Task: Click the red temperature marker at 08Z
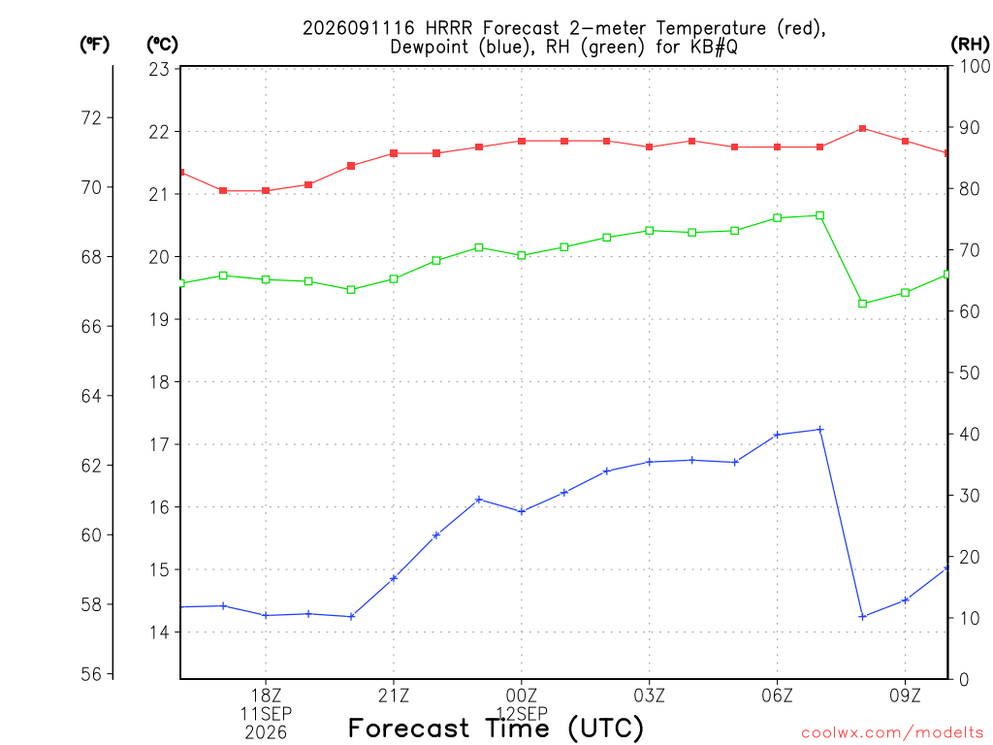862,129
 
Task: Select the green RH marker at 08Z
862,304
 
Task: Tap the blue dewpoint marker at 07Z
820,430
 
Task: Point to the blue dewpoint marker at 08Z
862,616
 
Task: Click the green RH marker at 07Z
820,215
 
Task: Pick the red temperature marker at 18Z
266,191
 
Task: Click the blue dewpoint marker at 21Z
394,578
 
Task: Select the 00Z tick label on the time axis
521,696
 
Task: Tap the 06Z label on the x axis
777,696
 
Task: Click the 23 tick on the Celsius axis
159,69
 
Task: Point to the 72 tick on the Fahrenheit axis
91,117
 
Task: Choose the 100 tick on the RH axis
976,66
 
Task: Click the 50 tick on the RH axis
969,372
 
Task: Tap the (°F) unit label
94,45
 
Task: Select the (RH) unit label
970,45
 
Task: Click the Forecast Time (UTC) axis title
496,728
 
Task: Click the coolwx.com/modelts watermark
892,733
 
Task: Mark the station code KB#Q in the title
714,47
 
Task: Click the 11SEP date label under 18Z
266,714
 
